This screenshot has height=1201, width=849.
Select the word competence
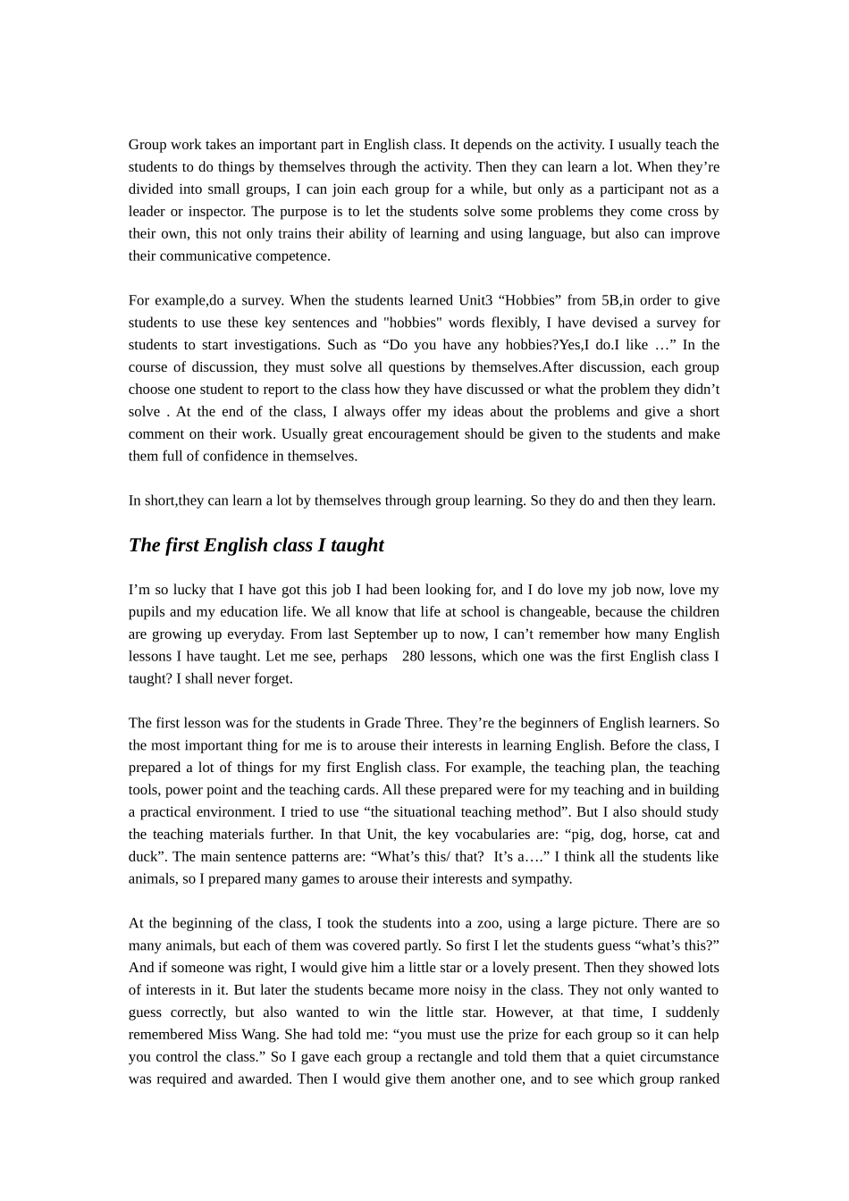click(x=296, y=256)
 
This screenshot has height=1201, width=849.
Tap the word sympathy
click(x=540, y=879)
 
